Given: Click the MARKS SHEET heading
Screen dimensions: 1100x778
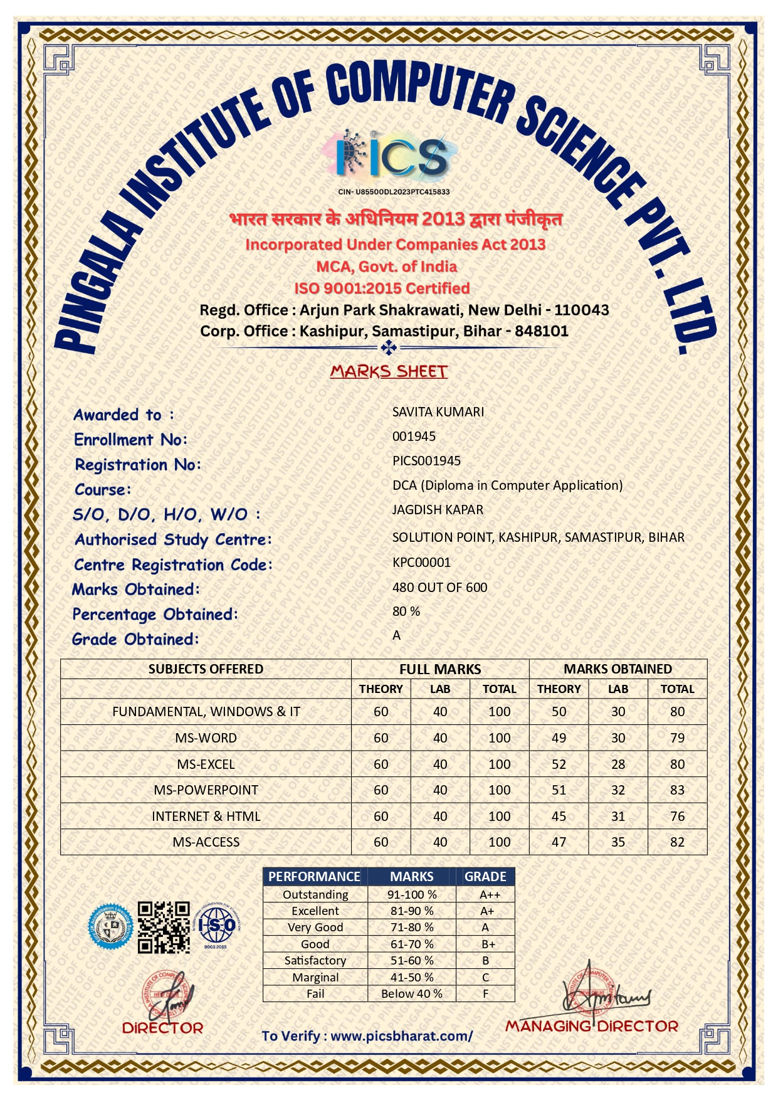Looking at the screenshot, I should point(389,371).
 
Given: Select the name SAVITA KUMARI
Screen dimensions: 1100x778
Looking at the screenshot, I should point(438,412).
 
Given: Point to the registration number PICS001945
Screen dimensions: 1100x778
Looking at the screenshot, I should point(426,461).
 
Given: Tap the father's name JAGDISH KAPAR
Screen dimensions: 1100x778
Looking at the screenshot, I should point(438,510).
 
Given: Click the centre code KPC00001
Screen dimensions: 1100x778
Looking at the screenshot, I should point(421,563).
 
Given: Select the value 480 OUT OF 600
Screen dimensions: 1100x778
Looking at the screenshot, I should point(439,588).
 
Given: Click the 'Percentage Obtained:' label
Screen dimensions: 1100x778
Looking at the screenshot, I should point(155,615).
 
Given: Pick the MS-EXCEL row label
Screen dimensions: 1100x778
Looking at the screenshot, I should point(206,764).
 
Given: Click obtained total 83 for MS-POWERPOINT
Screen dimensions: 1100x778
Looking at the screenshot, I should point(677,790).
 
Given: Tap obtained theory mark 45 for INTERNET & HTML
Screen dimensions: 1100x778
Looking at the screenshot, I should point(559,817).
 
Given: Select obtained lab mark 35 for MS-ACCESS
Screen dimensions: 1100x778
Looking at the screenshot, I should point(618,842).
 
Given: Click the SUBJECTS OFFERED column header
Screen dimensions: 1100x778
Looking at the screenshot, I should point(206,669).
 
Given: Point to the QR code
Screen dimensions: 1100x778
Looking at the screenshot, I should point(164,928).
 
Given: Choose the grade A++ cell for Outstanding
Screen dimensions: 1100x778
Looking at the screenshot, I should point(490,895).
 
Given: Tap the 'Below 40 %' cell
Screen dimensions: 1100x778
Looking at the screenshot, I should point(412,994).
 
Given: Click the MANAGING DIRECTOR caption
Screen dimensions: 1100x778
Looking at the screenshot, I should point(591,1027).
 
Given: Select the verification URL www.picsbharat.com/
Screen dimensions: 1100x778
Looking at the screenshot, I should point(401,1036).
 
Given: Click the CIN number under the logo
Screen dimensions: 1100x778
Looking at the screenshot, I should point(394,192).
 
